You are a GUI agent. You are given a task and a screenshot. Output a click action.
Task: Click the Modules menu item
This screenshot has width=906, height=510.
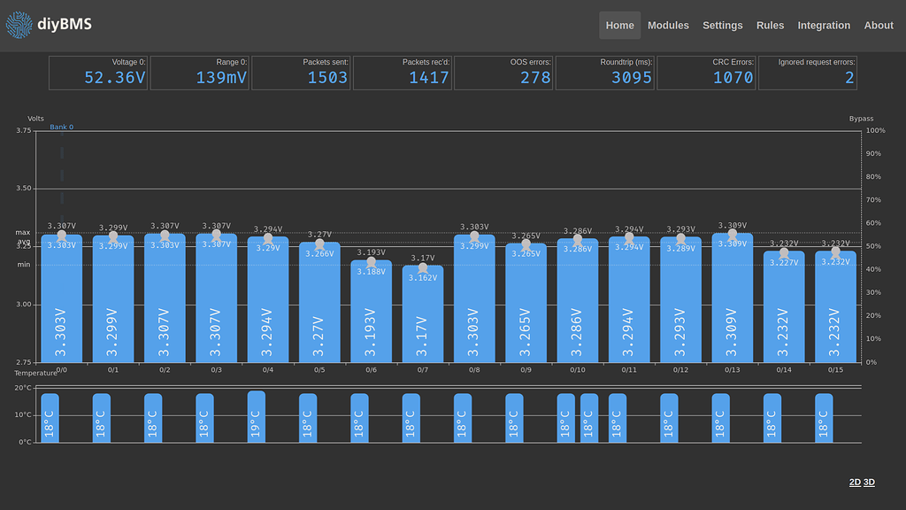coord(668,26)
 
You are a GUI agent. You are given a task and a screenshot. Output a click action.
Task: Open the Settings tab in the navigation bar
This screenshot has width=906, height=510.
coord(723,26)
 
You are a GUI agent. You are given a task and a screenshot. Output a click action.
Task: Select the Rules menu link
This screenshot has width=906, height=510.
coord(770,26)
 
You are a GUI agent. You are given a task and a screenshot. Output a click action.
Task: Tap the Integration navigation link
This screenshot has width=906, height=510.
coord(824,26)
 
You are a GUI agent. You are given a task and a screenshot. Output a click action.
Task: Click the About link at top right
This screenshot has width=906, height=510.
coord(879,26)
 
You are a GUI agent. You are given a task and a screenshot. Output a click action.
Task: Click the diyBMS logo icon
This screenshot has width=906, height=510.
coord(19,26)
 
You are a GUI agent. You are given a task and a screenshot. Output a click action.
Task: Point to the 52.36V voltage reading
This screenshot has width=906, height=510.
coord(115,78)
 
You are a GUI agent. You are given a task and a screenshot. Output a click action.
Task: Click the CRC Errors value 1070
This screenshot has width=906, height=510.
coord(733,78)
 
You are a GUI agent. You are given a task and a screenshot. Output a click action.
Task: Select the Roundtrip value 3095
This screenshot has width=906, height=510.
coord(632,78)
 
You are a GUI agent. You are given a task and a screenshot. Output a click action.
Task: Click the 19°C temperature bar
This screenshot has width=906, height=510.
coord(256,417)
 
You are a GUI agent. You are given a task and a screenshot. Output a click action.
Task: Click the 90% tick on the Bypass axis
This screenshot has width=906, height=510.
coord(875,153)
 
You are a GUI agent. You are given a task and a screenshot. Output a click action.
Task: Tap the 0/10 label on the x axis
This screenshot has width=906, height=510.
coord(577,369)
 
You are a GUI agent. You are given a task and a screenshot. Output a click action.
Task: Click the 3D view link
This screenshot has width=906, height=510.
coord(869,483)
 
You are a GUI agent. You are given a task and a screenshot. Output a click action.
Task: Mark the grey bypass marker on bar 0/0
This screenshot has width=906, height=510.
coord(61,236)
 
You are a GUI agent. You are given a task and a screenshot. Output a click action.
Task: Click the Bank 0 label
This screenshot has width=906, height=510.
coord(61,127)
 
